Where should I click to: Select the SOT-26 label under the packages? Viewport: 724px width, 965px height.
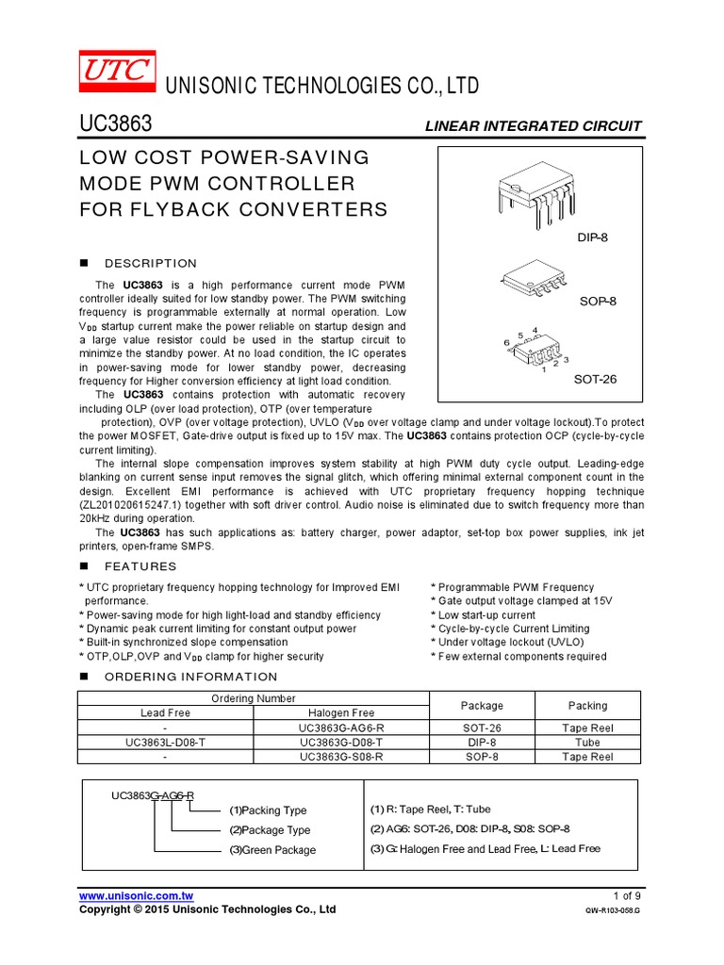coord(595,379)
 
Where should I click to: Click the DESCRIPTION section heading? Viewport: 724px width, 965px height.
coord(151,263)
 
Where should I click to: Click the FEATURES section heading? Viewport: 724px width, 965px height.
coord(140,566)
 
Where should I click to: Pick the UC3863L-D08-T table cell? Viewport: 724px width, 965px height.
coord(166,742)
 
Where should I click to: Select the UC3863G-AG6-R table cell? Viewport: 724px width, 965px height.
coord(341,728)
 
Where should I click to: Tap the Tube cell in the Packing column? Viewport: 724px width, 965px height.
coord(587,742)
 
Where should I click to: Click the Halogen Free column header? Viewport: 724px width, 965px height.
coord(341,713)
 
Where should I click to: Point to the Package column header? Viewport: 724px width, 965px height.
coord(482,705)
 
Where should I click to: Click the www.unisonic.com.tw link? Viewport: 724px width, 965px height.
coord(137,895)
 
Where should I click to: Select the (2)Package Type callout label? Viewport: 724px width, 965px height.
coord(270,830)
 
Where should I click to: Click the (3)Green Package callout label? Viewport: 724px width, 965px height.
coord(272,850)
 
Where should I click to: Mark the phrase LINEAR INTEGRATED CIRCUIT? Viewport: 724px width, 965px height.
coord(534,126)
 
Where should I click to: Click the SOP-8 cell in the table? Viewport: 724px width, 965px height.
coord(482,756)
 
